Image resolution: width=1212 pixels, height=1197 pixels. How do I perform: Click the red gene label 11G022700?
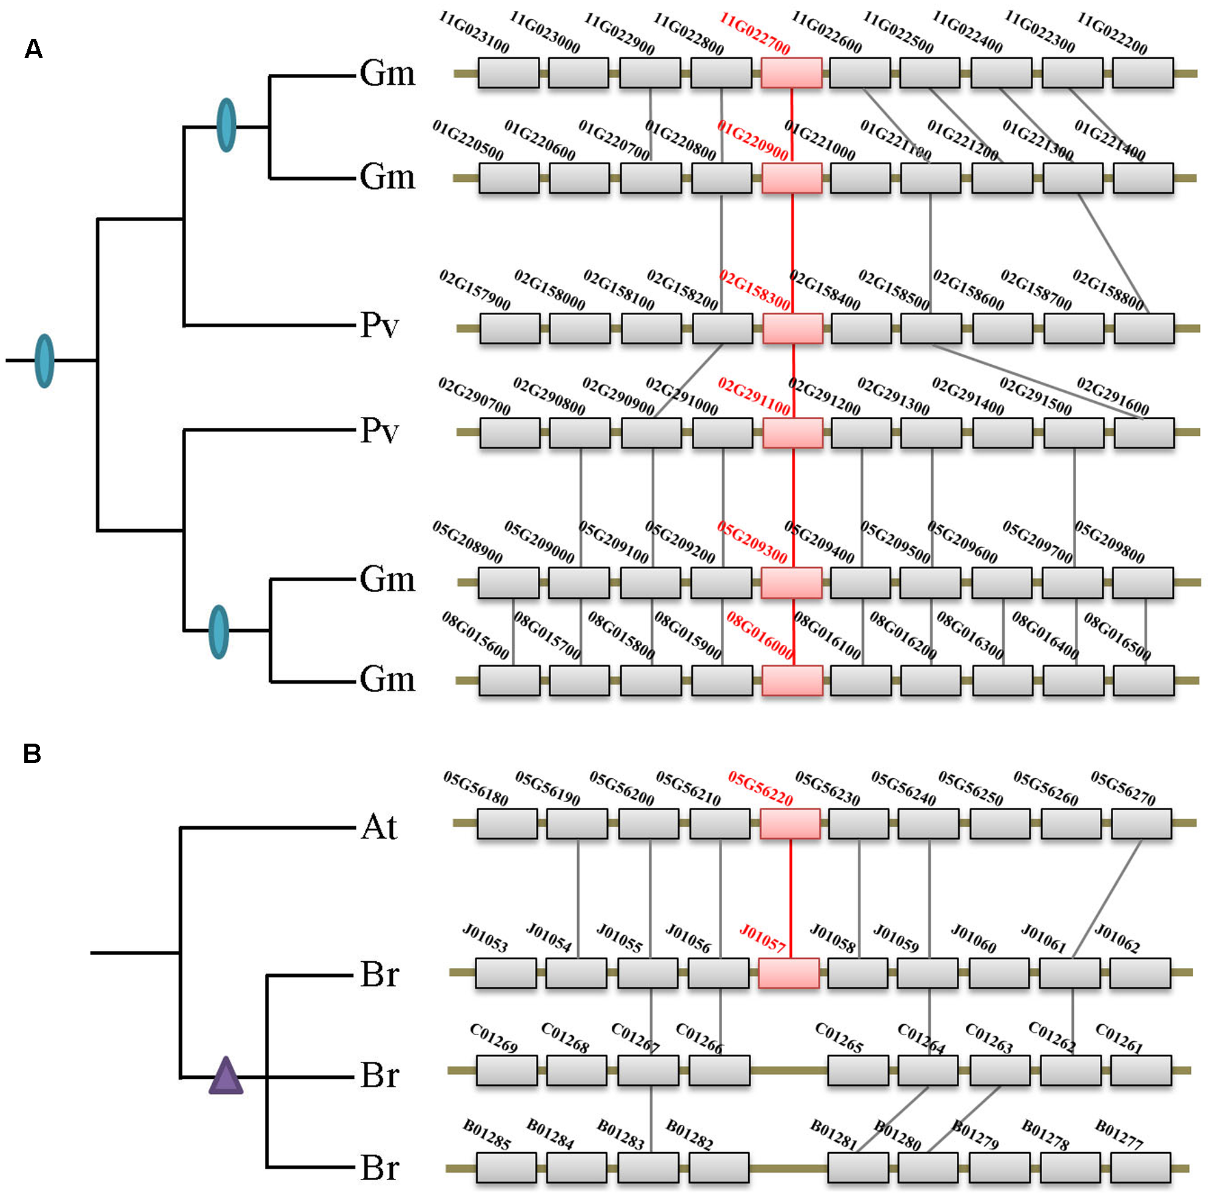754,33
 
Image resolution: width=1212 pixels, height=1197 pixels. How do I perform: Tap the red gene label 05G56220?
760,788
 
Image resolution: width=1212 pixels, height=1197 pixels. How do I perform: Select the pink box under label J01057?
789,973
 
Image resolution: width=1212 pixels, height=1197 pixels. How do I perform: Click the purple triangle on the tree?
226,1076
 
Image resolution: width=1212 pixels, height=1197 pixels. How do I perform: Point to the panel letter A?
33,49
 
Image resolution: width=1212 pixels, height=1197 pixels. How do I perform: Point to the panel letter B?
32,753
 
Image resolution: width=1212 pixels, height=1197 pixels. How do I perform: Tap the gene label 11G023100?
474,32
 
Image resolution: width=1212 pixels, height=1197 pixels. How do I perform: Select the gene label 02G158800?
1108,290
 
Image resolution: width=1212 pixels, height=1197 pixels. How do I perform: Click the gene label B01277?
1119,1135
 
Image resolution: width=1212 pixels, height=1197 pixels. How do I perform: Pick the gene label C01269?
494,1038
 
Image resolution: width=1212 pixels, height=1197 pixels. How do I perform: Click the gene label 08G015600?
475,635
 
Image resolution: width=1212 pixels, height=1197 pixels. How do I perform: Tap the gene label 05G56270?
1123,788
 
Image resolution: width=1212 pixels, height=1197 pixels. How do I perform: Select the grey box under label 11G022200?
1142,73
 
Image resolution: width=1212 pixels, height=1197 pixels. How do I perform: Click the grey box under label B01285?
506,1167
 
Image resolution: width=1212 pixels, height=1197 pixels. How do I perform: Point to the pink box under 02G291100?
793,433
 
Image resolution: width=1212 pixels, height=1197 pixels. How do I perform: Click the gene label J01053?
485,938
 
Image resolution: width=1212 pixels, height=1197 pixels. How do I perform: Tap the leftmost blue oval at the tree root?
44,361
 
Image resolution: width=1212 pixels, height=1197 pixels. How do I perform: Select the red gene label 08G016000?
760,635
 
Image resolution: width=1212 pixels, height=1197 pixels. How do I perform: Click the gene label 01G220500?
468,141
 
